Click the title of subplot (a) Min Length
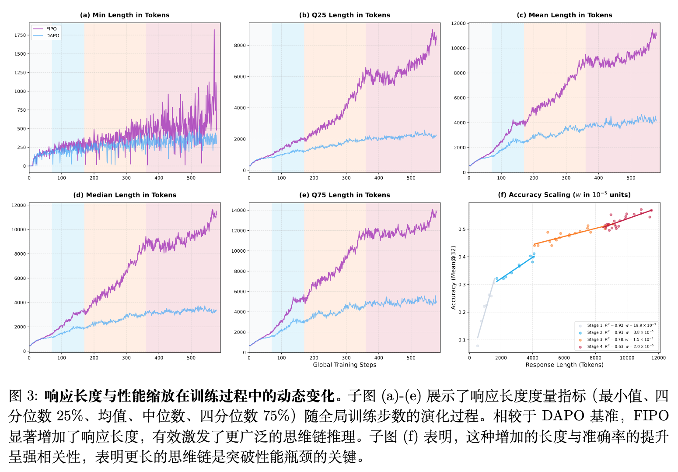[125, 15]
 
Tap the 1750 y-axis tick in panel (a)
[20, 35]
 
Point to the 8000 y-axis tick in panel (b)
[240, 45]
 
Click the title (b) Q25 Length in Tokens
[344, 15]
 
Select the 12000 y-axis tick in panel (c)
[458, 23]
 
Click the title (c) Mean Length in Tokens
[564, 15]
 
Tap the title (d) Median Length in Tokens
[125, 195]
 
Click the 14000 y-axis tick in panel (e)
[238, 210]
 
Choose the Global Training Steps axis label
[344, 365]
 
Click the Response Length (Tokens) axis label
[564, 365]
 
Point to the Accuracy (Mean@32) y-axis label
[453, 278]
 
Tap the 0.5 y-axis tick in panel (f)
[462, 229]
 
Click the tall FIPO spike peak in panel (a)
[214, 30]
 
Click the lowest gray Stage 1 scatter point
[477, 346]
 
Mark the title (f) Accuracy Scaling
[564, 195]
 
